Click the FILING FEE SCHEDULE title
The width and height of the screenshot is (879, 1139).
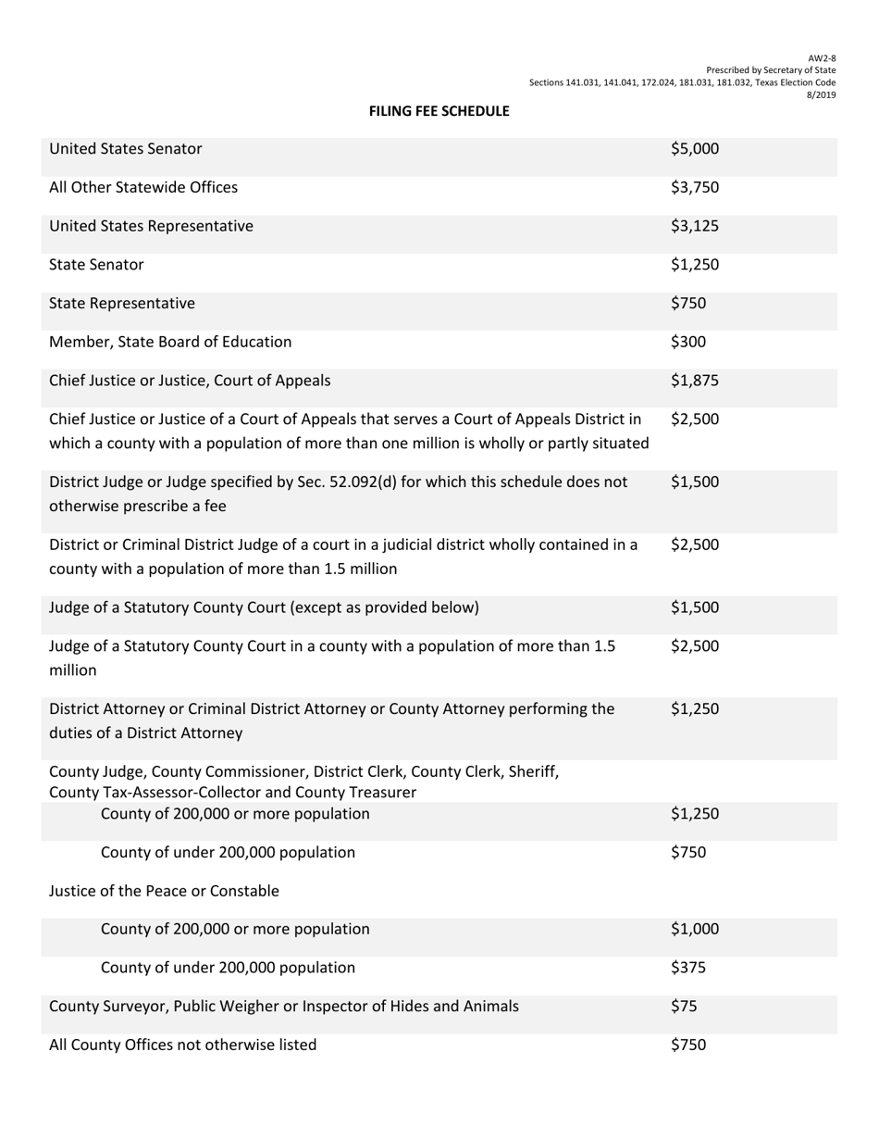tap(439, 111)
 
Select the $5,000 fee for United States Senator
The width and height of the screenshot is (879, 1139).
tap(694, 149)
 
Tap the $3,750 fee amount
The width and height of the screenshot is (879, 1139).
tap(694, 188)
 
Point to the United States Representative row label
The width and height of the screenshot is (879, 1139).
tap(151, 226)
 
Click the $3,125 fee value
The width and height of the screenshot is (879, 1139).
tap(694, 226)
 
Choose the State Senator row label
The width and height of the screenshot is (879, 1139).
tap(96, 265)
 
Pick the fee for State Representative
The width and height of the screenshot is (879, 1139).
tap(687, 304)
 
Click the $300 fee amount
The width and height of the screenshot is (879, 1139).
tap(687, 343)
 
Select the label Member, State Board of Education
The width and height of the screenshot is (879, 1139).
tap(170, 343)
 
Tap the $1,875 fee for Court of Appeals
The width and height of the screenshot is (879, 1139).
tap(694, 381)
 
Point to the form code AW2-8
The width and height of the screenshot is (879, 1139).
tap(823, 58)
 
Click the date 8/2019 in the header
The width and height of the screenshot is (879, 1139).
tap(822, 94)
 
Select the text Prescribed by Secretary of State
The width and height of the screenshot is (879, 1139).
tap(771, 70)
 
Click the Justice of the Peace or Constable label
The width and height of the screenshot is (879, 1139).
tap(164, 892)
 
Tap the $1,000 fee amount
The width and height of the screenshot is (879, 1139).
tap(694, 930)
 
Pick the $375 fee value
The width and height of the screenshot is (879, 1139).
tap(687, 969)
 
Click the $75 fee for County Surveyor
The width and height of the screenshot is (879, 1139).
tap(684, 1007)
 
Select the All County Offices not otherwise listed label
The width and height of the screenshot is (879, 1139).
tap(182, 1045)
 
